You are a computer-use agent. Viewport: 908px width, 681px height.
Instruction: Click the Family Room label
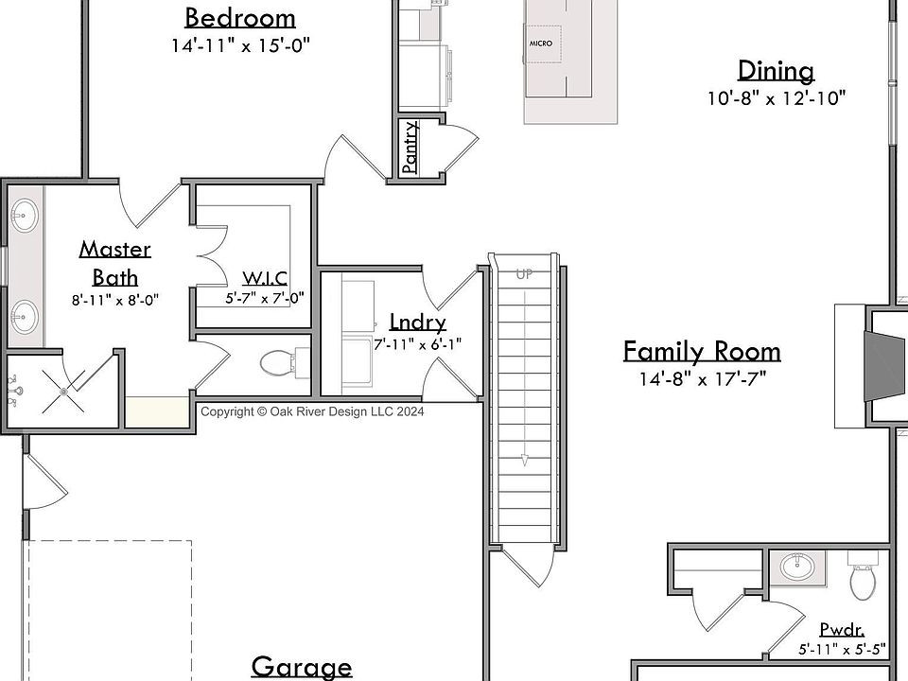pyautogui.click(x=702, y=352)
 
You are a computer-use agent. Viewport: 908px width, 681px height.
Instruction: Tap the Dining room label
pyautogui.click(x=776, y=71)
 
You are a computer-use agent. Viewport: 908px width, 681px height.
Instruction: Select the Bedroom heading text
pyautogui.click(x=240, y=18)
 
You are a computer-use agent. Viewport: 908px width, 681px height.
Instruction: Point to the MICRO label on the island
pyautogui.click(x=541, y=44)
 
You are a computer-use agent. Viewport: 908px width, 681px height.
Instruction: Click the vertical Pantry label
pyautogui.click(x=410, y=148)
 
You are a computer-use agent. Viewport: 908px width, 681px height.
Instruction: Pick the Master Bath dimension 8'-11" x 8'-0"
pyautogui.click(x=115, y=300)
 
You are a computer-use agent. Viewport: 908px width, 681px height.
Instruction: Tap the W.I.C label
pyautogui.click(x=265, y=278)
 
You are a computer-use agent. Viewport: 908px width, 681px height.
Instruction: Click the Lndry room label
pyautogui.click(x=417, y=322)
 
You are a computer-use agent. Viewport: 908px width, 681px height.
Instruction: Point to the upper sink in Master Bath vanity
pyautogui.click(x=25, y=216)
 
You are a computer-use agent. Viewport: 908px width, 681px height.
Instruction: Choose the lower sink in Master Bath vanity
pyautogui.click(x=25, y=316)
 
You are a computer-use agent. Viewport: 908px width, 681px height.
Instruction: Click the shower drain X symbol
pyautogui.click(x=63, y=392)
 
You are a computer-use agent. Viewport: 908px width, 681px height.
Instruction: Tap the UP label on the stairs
pyautogui.click(x=525, y=274)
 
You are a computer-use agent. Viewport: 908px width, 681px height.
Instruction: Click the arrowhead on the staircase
pyautogui.click(x=525, y=461)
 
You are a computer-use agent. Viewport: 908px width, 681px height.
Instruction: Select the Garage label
pyautogui.click(x=302, y=667)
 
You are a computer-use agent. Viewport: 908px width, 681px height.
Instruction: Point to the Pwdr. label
pyautogui.click(x=843, y=630)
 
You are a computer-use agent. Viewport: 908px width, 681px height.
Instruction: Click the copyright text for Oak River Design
pyautogui.click(x=312, y=411)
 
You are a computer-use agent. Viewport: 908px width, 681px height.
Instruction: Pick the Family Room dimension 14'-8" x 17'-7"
pyautogui.click(x=703, y=378)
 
